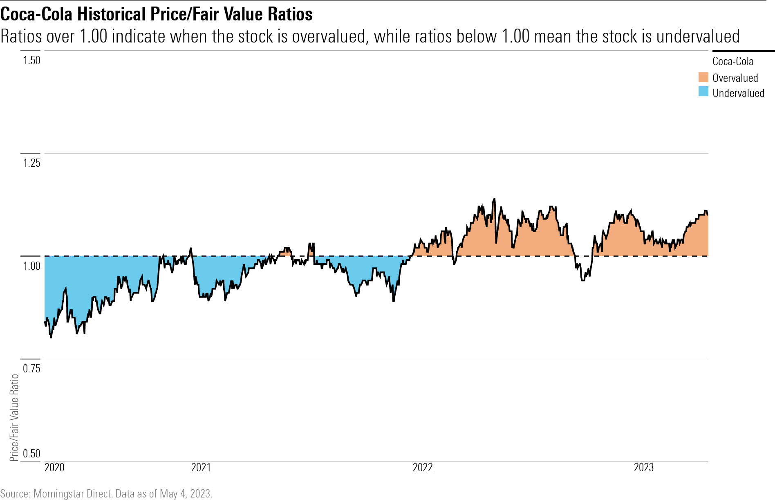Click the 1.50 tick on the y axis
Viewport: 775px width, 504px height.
31,60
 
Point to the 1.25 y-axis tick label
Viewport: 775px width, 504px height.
31,163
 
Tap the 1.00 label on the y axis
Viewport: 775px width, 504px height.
31,266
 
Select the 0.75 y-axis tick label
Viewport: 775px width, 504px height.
31,369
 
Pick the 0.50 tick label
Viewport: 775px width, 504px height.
31,453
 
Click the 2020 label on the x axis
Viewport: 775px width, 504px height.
54,468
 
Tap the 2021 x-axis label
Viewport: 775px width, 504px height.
201,468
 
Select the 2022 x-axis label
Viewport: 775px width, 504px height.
423,468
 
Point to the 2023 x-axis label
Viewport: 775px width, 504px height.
644,468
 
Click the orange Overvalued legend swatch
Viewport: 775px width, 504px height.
703,78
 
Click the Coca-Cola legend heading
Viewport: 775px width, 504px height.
733,61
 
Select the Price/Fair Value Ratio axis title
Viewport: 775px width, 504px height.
14,417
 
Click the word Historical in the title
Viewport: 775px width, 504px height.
112,14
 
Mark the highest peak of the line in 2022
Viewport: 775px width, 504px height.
494,199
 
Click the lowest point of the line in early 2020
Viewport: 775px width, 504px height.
51,337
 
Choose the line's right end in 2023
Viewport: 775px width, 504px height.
708,214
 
